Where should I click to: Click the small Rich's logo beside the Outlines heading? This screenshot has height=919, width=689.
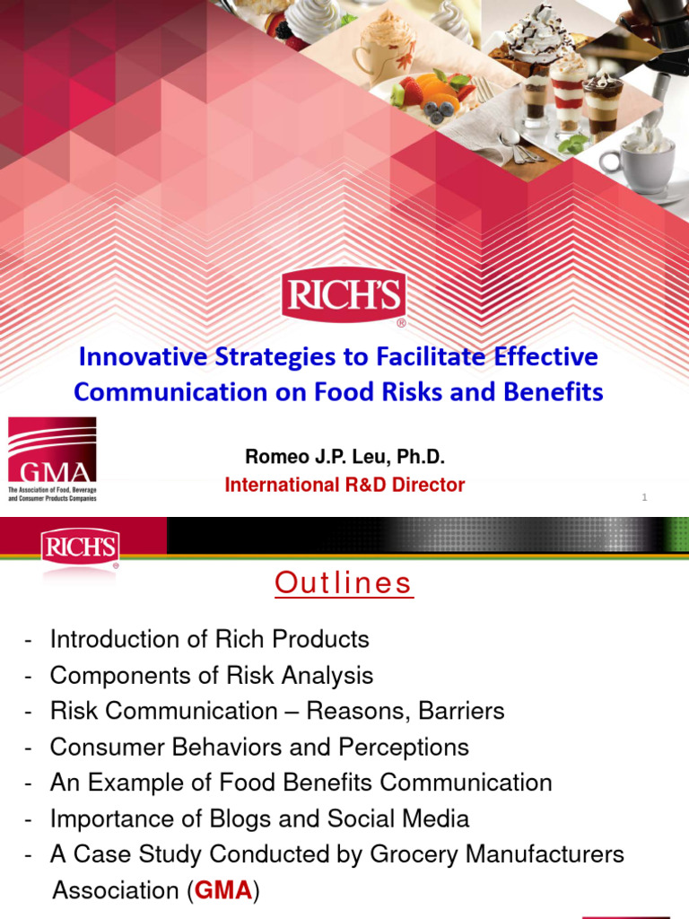79,547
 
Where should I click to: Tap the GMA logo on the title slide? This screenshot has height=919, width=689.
52,459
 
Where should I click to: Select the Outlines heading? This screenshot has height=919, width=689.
344,583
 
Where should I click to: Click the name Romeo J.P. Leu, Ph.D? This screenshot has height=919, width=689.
338,458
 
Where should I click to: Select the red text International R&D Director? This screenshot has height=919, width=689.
344,486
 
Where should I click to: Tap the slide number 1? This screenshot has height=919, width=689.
644,499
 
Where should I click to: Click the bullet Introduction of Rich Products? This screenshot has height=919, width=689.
209,639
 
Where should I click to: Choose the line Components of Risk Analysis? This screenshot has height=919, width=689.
212,675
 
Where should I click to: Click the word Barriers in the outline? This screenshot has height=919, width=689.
454,712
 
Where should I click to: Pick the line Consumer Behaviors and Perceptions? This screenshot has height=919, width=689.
259,747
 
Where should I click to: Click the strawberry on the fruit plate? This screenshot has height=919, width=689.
411,91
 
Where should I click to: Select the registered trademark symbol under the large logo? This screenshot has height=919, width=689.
400,323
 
